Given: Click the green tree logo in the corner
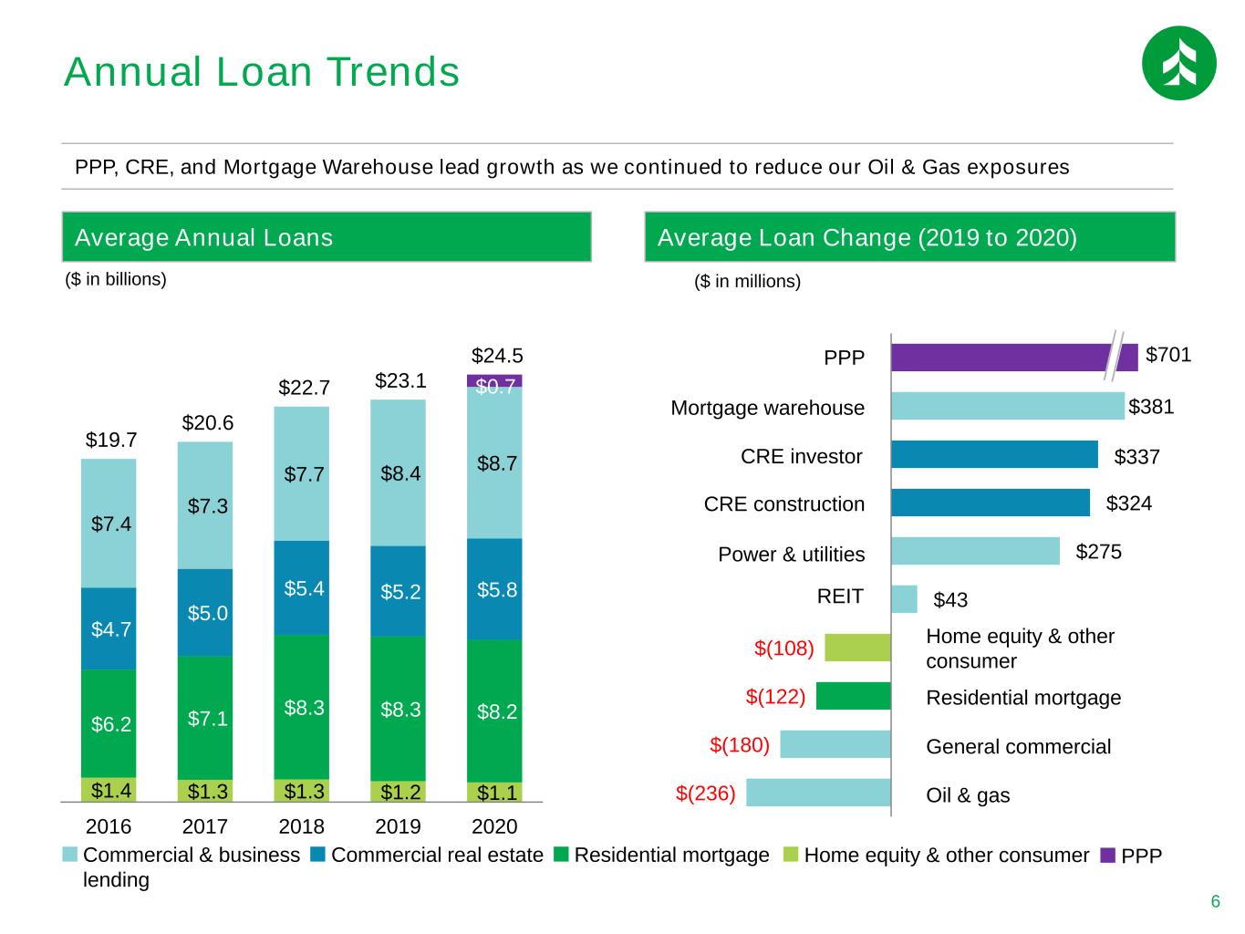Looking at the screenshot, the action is click(x=1178, y=63).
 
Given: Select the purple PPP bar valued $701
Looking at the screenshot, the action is click(x=1013, y=358).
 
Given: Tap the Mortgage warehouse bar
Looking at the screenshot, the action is click(x=1007, y=406).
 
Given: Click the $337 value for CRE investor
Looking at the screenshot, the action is click(x=1136, y=456).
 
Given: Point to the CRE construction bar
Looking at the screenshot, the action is click(x=991, y=503).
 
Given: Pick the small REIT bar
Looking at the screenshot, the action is click(x=904, y=599).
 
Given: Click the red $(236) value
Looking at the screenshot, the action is click(x=705, y=793).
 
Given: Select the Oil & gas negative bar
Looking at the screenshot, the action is click(x=818, y=793).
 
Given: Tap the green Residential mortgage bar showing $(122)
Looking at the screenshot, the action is click(x=853, y=696).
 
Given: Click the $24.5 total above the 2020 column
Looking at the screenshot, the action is click(x=497, y=356).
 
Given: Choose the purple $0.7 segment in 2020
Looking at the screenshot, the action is click(x=494, y=380).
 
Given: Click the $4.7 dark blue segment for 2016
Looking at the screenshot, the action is click(x=109, y=628).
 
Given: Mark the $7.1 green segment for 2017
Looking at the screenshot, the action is click(x=204, y=717).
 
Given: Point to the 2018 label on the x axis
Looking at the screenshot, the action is click(x=301, y=826).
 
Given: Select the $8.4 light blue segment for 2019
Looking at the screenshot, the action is click(x=398, y=473).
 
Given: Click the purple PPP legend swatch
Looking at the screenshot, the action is click(x=1107, y=855).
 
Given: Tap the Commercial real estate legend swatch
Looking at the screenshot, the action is click(x=317, y=854).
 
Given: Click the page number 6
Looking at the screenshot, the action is click(x=1215, y=901).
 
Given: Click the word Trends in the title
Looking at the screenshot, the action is click(x=393, y=72).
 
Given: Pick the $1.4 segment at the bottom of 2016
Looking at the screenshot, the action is click(x=109, y=789).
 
